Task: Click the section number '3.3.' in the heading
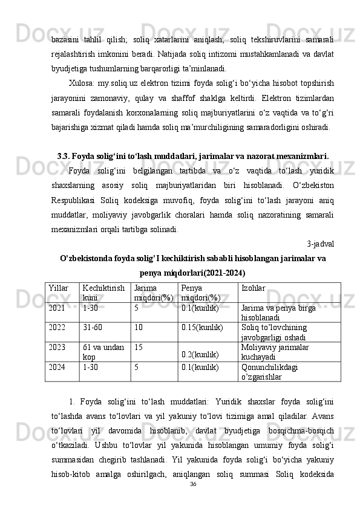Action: (64, 154)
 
